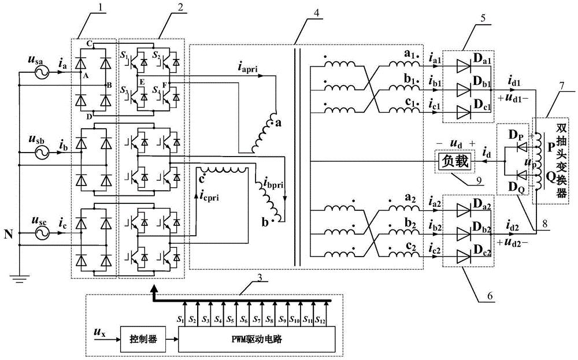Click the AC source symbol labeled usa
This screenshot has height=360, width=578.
click(x=42, y=73)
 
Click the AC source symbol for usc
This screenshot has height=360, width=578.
click(x=42, y=233)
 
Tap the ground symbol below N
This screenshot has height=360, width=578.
click(x=18, y=281)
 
